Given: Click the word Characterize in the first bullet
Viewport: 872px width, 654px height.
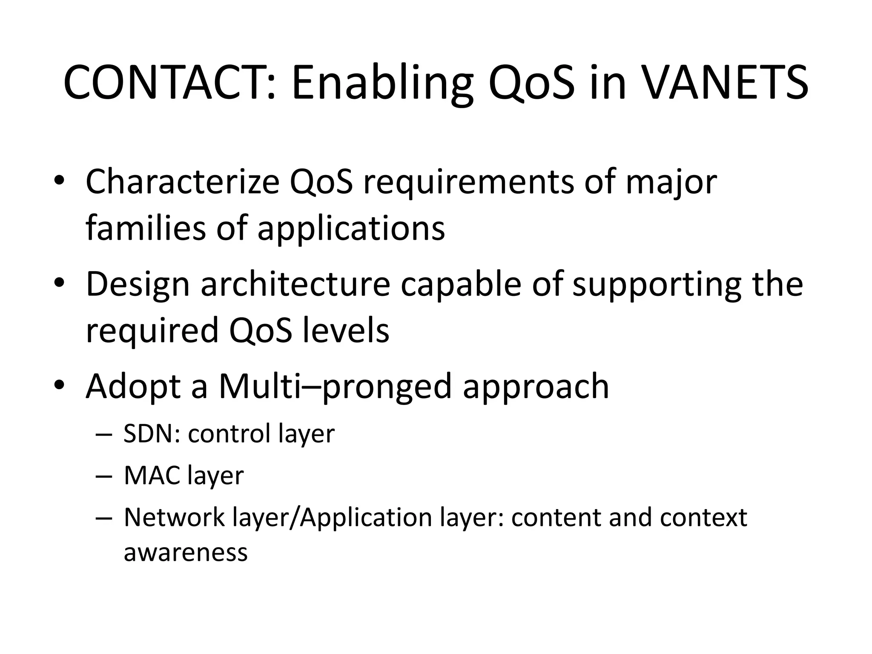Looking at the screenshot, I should (182, 182).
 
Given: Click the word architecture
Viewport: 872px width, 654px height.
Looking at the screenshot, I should (295, 284).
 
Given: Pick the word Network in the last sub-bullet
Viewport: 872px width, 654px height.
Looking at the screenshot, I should (174, 518).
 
